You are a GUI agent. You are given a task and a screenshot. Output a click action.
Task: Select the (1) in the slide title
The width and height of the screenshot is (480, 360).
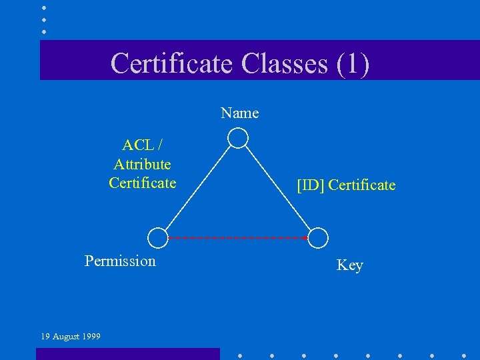[x=353, y=63]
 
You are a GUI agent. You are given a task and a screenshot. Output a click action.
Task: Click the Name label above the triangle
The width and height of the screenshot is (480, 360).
[x=240, y=113]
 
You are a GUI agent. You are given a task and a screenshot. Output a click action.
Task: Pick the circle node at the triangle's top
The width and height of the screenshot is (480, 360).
[x=238, y=138]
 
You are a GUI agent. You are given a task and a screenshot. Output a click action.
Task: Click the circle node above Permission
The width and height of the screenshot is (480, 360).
[x=157, y=237]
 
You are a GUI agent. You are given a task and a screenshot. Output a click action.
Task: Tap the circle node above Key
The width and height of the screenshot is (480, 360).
[x=319, y=237]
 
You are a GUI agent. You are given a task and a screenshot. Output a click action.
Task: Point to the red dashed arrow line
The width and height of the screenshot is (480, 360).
[x=237, y=237]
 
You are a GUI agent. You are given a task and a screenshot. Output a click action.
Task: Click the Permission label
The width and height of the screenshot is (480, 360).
[x=120, y=261]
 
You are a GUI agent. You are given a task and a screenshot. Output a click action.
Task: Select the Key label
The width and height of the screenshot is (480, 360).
[x=349, y=265]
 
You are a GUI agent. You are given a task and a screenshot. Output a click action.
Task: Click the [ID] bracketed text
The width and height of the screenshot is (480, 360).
[x=311, y=185]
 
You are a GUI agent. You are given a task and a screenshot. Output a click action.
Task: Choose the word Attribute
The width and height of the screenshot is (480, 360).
[x=142, y=164]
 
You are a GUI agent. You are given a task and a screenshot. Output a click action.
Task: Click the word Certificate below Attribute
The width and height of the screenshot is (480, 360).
[x=142, y=183]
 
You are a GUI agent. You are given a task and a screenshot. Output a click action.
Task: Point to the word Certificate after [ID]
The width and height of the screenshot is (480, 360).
[x=362, y=185]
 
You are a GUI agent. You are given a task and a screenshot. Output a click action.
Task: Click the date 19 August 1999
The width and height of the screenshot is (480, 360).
[x=71, y=337]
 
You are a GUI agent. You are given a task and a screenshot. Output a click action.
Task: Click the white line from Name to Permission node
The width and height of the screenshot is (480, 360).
[x=197, y=188]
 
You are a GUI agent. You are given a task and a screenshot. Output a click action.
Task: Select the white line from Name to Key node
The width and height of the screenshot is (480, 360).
[x=278, y=187]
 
